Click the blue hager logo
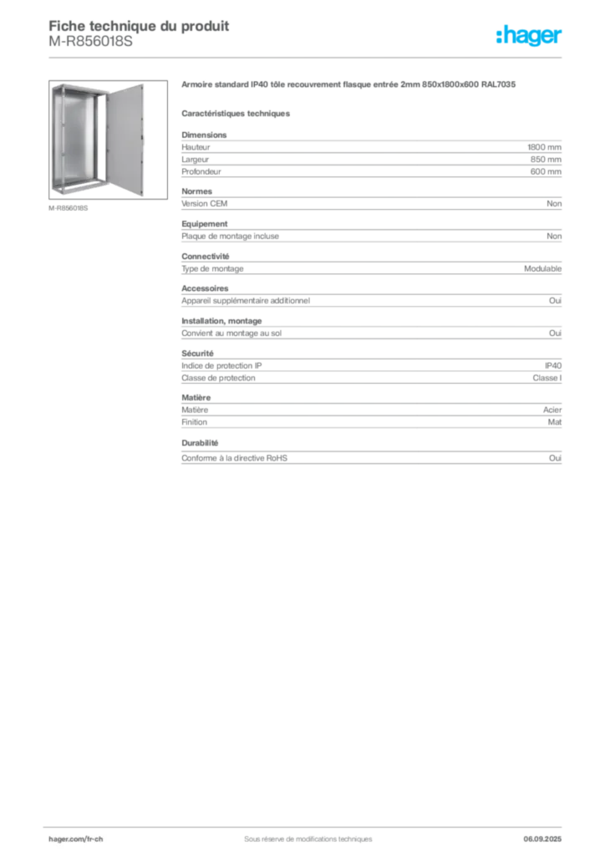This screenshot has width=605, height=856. click(x=531, y=37)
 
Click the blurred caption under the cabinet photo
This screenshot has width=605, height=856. click(x=69, y=207)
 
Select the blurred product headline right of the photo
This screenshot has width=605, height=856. click(x=351, y=85)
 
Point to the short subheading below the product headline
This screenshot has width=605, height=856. click(x=236, y=113)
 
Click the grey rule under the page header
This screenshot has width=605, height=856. click(x=307, y=57)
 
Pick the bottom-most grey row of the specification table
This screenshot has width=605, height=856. click(x=372, y=457)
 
